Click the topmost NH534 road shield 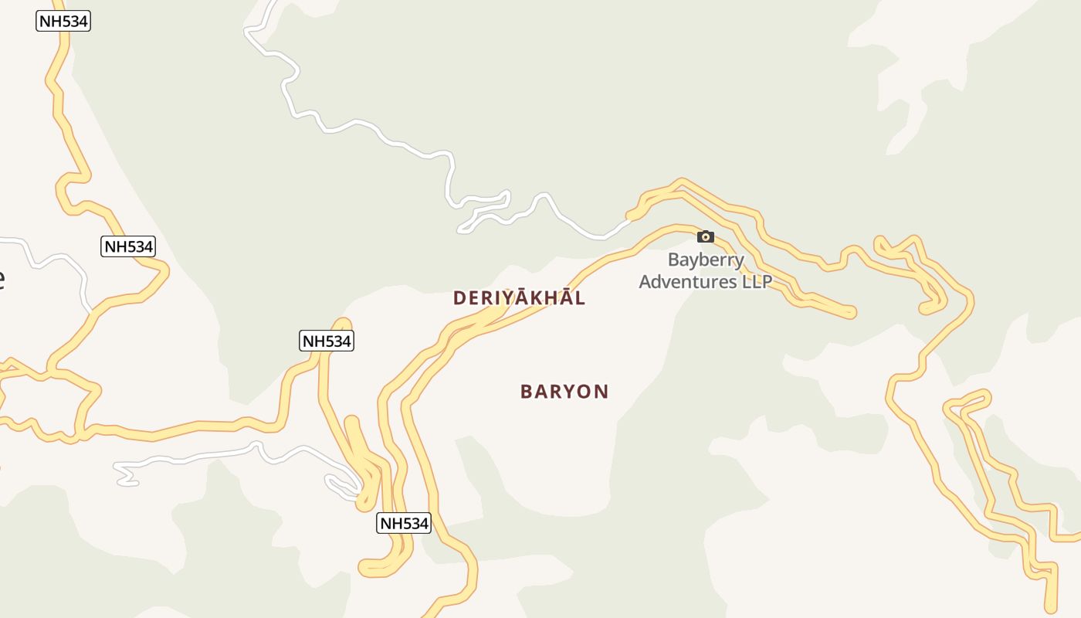(x=63, y=21)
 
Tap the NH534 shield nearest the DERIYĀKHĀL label (x=326, y=341)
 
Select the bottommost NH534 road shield (x=403, y=523)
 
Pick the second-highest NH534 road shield (x=128, y=246)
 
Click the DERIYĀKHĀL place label (x=519, y=298)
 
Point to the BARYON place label (x=564, y=392)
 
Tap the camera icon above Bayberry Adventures (x=706, y=237)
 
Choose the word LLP (x=757, y=282)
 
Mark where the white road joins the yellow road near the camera (x=629, y=219)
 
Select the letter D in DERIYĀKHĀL (x=459, y=298)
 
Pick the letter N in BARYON (x=601, y=392)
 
